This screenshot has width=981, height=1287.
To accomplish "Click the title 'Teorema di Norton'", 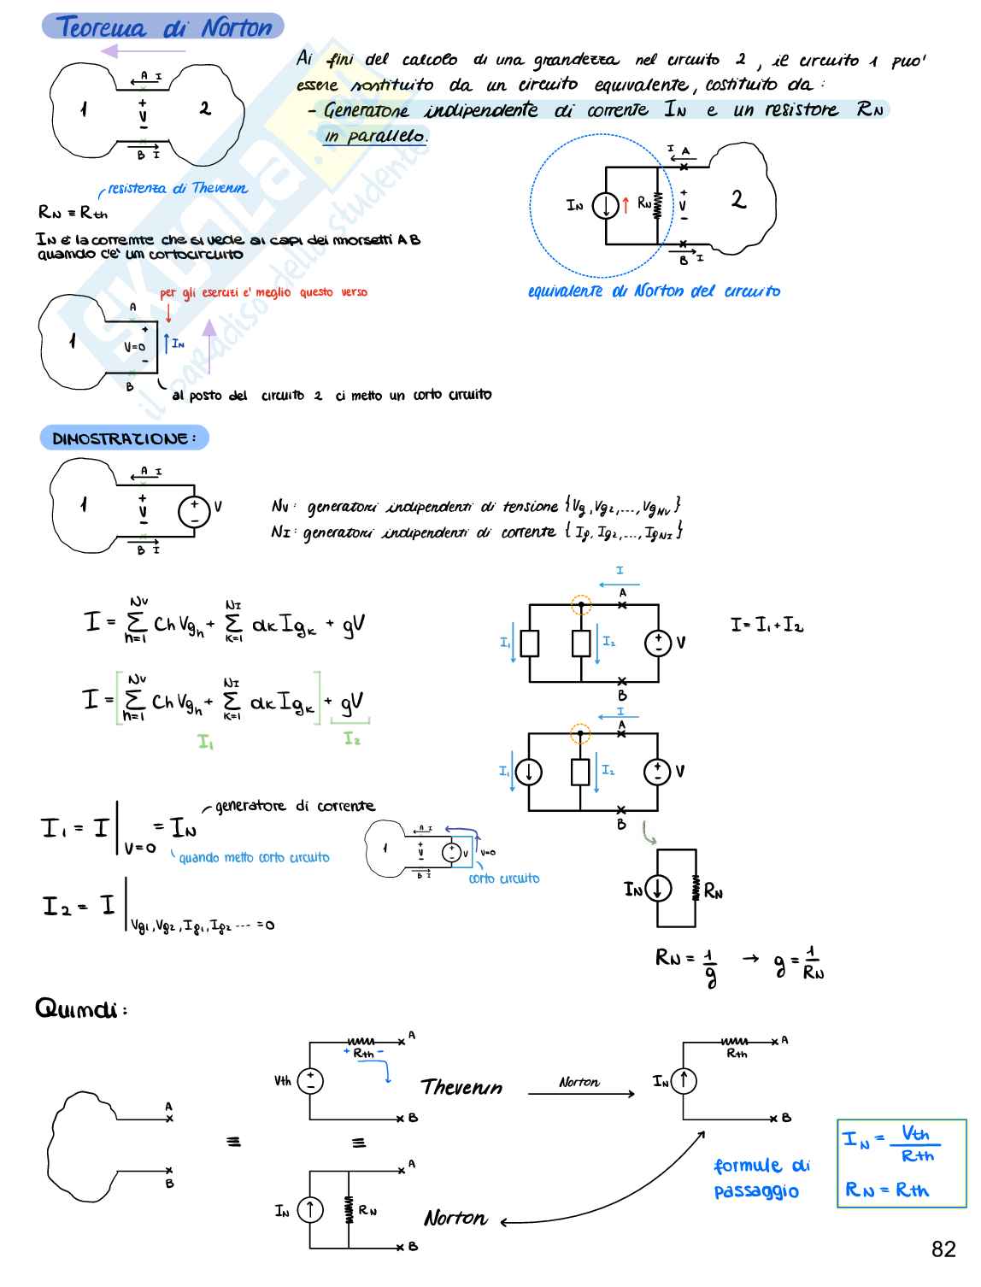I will click(163, 27).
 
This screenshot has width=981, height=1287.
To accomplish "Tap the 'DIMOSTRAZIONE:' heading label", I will click(124, 438).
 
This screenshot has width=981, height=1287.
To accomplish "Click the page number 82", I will click(943, 1249).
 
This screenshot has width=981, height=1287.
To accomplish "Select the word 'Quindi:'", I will click(81, 1009).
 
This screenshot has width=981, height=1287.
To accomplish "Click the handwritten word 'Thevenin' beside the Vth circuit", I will click(461, 1087).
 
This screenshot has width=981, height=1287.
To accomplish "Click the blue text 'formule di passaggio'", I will click(761, 1178).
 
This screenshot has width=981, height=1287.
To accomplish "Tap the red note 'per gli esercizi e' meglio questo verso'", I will click(263, 292).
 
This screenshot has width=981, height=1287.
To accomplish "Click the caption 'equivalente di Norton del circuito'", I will click(654, 291).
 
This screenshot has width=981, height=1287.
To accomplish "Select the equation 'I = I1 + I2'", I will click(767, 625).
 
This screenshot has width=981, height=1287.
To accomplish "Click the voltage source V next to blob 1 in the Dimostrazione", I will click(195, 512).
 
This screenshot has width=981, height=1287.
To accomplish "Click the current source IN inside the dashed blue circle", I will click(605, 206).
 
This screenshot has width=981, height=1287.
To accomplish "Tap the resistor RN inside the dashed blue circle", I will click(658, 205).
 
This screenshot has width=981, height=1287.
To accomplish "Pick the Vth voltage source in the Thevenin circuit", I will click(309, 1080).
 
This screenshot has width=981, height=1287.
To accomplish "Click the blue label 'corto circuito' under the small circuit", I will click(504, 879).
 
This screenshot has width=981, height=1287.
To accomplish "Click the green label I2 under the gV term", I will click(351, 738).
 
